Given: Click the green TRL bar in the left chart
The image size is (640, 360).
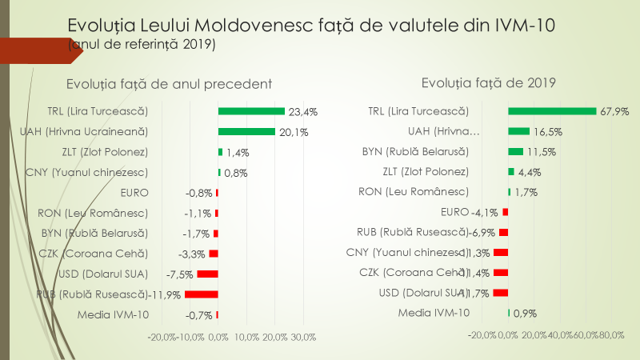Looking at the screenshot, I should (251, 111).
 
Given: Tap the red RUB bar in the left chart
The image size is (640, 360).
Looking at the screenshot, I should (201, 294).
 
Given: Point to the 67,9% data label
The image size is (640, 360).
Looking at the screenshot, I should (614, 111).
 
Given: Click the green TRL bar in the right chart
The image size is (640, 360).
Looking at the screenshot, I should (552, 111).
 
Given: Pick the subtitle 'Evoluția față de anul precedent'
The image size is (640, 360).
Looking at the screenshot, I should (170, 83).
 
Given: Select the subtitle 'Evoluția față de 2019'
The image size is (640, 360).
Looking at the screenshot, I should (488, 82).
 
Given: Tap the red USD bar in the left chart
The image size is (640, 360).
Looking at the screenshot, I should (207, 274).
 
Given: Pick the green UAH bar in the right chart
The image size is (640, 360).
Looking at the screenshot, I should (518, 131).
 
